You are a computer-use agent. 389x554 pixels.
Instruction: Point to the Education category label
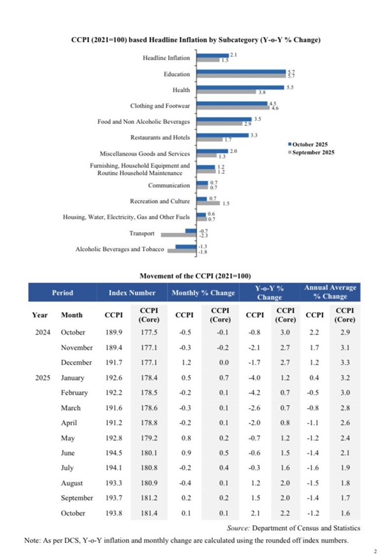[176, 75]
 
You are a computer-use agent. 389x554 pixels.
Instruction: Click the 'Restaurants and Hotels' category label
[160, 138]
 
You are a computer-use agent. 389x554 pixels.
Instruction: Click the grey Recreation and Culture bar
[207, 203]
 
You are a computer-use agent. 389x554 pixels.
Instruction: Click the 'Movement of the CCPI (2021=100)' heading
[195, 276]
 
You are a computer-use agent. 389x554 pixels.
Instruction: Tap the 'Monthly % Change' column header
[203, 293]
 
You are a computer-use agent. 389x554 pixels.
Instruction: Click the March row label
[71, 407]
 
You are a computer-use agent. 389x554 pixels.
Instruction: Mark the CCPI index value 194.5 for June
[111, 452]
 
